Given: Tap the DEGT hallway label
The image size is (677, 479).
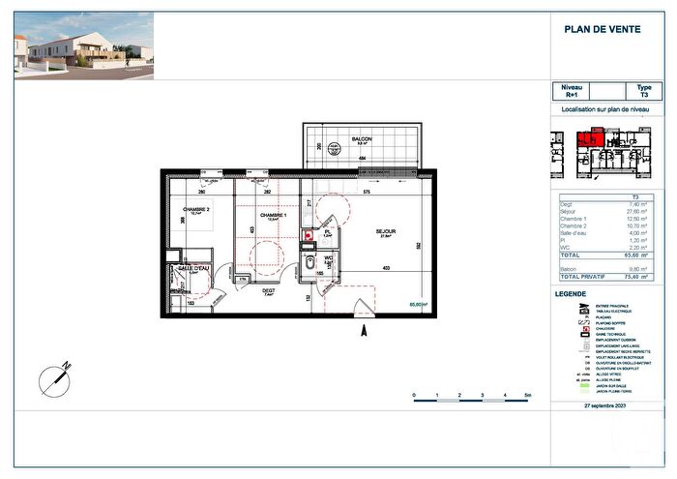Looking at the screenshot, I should click(269, 289).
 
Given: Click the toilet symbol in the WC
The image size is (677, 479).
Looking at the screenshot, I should click(309, 262).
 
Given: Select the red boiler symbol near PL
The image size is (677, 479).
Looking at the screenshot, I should click(309, 235).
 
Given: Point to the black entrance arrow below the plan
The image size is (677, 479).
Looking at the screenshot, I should click(364, 332).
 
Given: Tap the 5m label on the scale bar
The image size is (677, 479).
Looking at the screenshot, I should click(527, 397).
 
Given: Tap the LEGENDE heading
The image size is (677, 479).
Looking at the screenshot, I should click(570, 293).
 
